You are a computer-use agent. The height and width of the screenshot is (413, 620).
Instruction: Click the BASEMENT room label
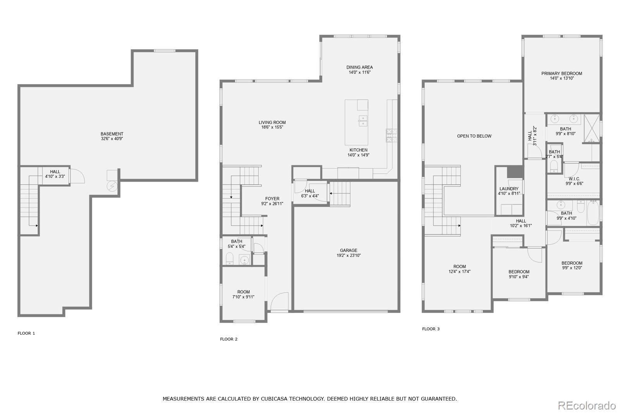112,134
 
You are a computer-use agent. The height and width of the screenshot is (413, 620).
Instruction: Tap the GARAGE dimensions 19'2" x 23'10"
349,256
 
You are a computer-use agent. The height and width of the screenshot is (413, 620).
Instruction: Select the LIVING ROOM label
272,122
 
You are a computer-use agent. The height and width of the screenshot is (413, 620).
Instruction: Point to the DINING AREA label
359,67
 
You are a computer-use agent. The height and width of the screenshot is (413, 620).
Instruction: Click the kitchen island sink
363,121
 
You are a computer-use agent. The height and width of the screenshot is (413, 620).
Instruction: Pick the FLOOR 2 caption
229,339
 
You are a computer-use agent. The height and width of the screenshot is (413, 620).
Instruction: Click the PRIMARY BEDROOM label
561,74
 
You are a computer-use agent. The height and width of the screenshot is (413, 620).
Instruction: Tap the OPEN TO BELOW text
474,136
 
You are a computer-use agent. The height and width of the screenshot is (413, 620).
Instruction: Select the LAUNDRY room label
509,189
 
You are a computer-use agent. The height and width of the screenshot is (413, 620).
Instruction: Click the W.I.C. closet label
574,179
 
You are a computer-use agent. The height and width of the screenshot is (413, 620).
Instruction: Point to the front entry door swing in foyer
280,301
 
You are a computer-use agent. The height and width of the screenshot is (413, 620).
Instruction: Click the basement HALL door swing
77,176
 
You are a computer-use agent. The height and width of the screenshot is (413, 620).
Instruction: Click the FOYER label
272,199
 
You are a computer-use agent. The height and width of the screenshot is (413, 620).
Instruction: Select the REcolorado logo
587,405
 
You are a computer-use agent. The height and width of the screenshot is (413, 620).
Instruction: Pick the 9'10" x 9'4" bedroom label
519,272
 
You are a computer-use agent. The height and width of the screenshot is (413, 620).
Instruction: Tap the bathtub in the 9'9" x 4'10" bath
593,213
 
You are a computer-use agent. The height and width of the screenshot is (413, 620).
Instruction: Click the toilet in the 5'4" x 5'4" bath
230,258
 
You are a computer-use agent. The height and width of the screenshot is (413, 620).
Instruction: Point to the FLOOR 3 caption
431,329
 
